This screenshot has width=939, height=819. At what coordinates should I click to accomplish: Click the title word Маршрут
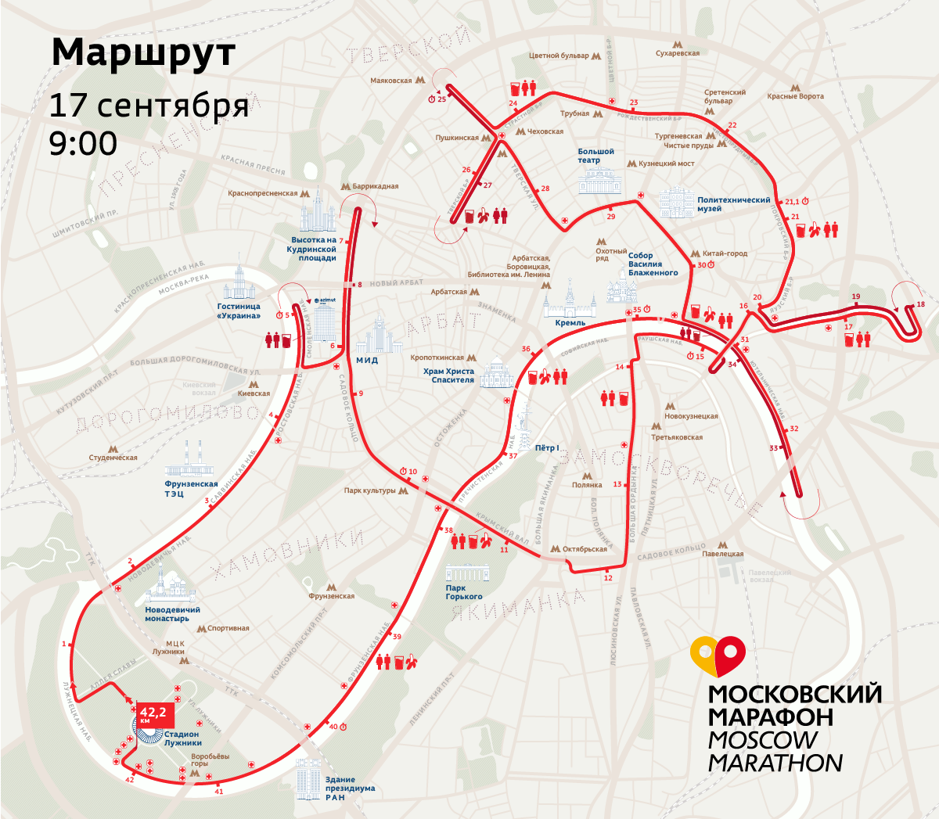[x=143, y=53]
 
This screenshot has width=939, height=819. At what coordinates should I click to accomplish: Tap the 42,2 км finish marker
[x=153, y=713]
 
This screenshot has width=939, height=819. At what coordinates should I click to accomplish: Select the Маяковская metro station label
[x=391, y=81]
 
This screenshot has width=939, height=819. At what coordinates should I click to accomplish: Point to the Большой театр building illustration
[x=599, y=180]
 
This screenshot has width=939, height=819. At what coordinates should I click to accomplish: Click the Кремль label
[x=570, y=322]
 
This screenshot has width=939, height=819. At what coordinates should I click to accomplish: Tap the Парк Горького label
[x=464, y=592]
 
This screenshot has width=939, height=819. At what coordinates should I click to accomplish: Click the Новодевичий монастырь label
[x=172, y=614]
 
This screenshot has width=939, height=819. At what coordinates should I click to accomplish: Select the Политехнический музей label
[x=733, y=204]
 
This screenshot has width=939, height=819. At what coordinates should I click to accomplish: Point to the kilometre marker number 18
[x=920, y=304]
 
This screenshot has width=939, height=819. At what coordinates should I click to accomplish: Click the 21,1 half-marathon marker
[x=793, y=202]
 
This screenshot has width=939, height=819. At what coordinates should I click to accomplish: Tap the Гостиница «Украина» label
[x=239, y=311]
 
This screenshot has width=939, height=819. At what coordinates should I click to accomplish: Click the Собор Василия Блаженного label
[x=653, y=264]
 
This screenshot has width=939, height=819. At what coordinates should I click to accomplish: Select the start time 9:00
[x=83, y=143]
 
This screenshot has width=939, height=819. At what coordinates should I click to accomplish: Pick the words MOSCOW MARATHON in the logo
[x=775, y=751]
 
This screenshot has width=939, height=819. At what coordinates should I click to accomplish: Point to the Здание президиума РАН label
[x=350, y=788]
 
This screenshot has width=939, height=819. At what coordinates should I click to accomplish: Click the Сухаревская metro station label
[x=678, y=53]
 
